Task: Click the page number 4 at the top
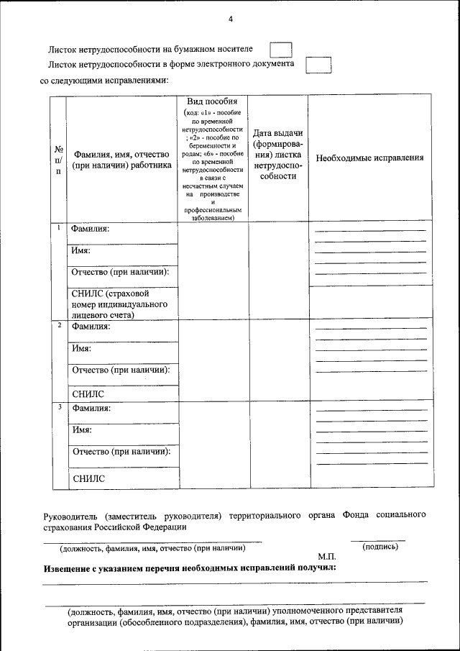tap(231, 19)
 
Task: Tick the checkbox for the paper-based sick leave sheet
tap(280, 50)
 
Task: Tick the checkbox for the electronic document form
tap(318, 65)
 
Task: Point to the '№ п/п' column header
tap(57, 160)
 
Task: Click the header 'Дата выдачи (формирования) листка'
tap(278, 155)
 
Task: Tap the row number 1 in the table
tap(58, 228)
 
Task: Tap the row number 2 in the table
tap(58, 326)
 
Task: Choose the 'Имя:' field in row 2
tap(82, 349)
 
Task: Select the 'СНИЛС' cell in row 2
tap(88, 393)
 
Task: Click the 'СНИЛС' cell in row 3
tap(88, 478)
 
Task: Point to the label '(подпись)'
tap(381, 547)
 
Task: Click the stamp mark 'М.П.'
tap(326, 557)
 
